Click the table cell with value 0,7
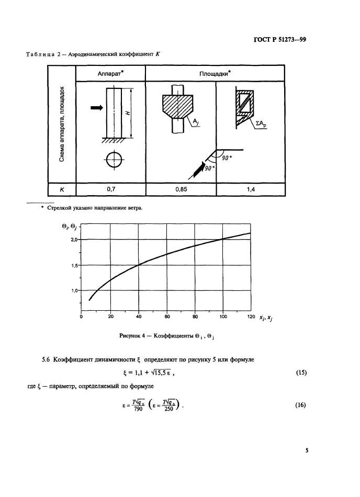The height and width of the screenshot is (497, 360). [x=110, y=189]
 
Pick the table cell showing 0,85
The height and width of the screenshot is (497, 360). [x=181, y=189]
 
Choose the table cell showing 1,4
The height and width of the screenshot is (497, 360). [x=251, y=189]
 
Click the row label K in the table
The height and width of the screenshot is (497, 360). [x=62, y=189]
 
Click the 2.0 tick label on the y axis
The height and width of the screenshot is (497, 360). [x=74, y=240]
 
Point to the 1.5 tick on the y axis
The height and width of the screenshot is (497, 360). [x=74, y=265]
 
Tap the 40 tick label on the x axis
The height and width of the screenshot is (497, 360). [x=139, y=317]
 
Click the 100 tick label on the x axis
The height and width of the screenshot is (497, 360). [x=223, y=317]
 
